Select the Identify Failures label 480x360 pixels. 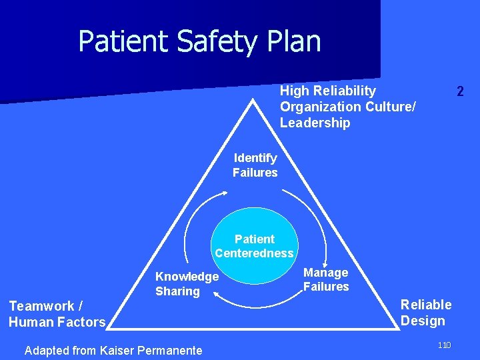coord(255,165)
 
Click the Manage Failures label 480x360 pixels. coord(326,279)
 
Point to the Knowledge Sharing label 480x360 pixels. coord(187,283)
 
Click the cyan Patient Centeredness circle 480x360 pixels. coord(255,245)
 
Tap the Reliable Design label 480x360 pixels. coord(426,313)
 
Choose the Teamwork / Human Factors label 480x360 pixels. coord(57,314)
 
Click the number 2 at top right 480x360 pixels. coord(460,91)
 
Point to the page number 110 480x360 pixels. coord(445,345)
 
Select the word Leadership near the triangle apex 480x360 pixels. coord(315,123)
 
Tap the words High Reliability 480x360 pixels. coord(328,91)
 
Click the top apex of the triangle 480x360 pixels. coord(254,100)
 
